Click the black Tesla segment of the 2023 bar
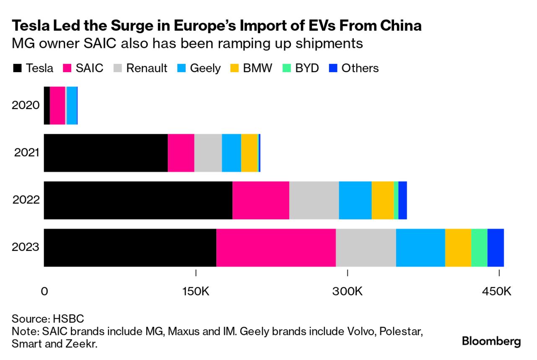130,248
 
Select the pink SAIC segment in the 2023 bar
276,248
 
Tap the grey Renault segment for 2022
314,200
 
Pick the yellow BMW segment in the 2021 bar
249,153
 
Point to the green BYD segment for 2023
479,248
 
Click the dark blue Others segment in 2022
402,200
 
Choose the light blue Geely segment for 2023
420,248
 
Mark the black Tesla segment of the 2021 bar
106,153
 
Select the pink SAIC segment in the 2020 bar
57,105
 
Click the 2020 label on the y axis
26,105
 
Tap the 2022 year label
26,200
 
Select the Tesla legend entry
34,68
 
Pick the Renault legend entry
141,68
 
